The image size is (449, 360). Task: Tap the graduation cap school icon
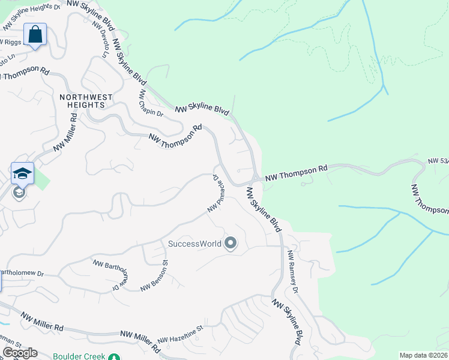22,174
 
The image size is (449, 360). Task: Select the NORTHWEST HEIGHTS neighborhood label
86,100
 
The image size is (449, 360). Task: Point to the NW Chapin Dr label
151,104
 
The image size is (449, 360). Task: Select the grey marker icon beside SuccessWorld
231,244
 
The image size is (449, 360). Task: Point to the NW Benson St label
154,275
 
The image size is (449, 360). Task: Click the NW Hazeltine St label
180,335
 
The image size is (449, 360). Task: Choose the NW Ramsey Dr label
292,272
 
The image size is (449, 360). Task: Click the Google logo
20,353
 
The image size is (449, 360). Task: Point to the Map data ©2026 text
423,355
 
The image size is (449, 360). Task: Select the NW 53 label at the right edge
438,161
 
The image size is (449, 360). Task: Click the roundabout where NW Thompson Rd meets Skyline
256,178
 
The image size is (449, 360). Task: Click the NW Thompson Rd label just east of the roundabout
297,173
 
